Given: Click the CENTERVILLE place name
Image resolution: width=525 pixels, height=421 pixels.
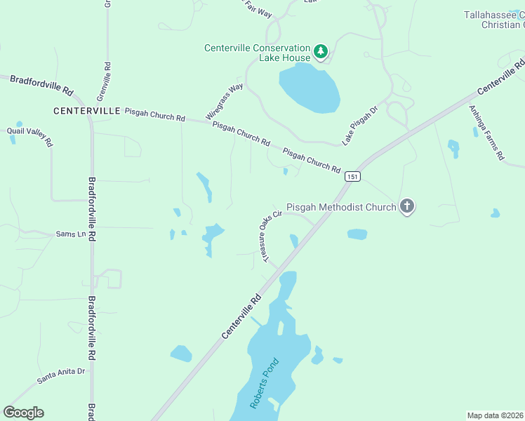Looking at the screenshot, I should pos(87,111).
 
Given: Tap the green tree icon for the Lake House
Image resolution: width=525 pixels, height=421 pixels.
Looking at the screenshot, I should pos(321,51).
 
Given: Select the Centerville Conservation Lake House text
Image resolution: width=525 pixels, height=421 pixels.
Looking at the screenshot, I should pos(256,53).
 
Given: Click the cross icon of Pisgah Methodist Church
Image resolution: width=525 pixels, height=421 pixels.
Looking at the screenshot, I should pos(406,206).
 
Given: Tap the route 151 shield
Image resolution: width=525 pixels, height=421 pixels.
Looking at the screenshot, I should pos(352,177).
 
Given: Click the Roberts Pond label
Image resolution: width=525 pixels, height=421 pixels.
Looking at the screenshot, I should pos(265,385).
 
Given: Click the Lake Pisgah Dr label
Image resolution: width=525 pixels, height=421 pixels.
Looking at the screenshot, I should pos(355,126).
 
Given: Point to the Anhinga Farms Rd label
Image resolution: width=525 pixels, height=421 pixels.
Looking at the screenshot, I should pos(486,133).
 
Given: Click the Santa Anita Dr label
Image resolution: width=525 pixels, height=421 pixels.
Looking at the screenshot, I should pos(60,376).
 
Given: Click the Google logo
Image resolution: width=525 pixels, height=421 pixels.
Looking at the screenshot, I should pos(24,413).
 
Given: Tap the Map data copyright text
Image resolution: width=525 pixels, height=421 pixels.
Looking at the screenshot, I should pos(496,415).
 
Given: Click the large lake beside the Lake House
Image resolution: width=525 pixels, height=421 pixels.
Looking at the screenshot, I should pos(310,87).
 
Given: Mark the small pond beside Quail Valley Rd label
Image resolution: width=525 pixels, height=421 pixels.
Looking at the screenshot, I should pos(13,139).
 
